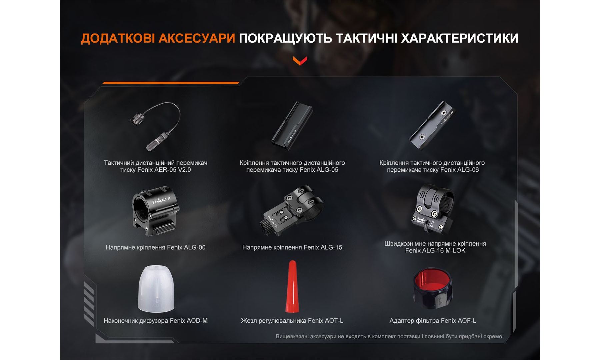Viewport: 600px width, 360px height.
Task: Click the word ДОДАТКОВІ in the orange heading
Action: [x=117, y=38]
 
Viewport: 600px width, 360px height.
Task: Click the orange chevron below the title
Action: [x=300, y=61]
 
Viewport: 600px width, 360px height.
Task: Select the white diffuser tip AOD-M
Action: [x=156, y=289]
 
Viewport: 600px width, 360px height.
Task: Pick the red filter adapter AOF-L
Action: [x=432, y=288]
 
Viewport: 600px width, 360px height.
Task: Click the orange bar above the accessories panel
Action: [x=171, y=82]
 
